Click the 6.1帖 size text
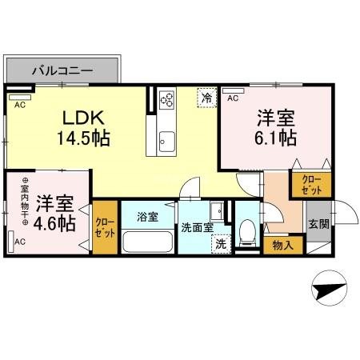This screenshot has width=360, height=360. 276,138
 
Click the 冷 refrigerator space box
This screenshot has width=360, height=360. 207,98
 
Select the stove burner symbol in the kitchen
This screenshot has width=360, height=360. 168,100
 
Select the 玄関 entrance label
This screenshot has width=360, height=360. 318,224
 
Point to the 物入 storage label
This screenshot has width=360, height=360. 282,245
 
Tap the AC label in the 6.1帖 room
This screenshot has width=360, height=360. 233,98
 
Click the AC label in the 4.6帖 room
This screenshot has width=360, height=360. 19,241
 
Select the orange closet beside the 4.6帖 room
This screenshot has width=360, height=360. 104,226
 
